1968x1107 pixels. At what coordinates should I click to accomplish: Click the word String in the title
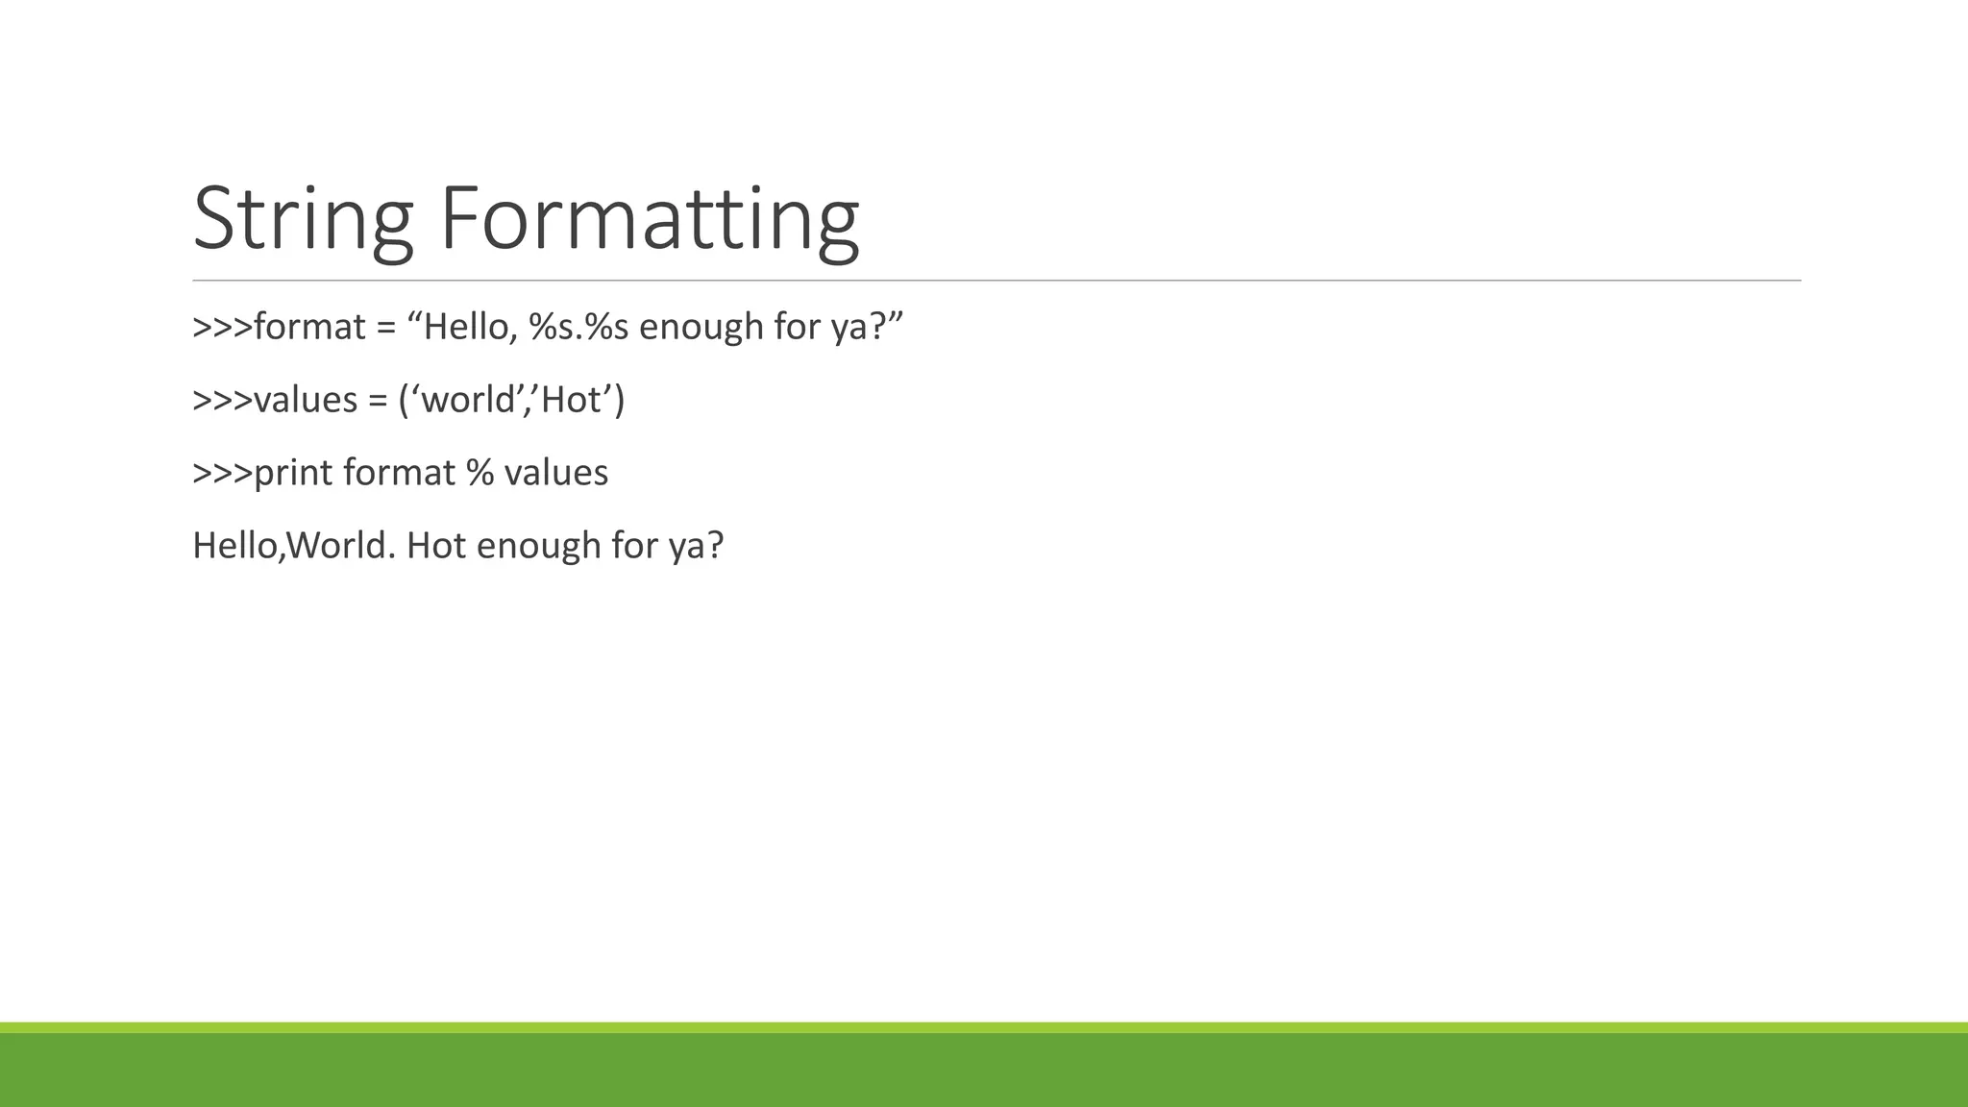tap(303, 219)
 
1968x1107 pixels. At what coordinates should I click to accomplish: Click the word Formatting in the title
tap(649, 219)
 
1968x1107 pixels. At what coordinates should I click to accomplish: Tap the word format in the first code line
tap(309, 328)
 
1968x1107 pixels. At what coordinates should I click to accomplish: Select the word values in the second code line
tap(306, 401)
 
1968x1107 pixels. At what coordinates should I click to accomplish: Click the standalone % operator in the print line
tap(480, 474)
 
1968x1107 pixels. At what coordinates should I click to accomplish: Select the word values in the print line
tap(556, 474)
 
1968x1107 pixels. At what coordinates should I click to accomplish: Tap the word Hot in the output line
tap(436, 547)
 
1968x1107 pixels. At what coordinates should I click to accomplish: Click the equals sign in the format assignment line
tap(386, 329)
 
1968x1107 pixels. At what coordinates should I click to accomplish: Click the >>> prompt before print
tap(222, 474)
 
